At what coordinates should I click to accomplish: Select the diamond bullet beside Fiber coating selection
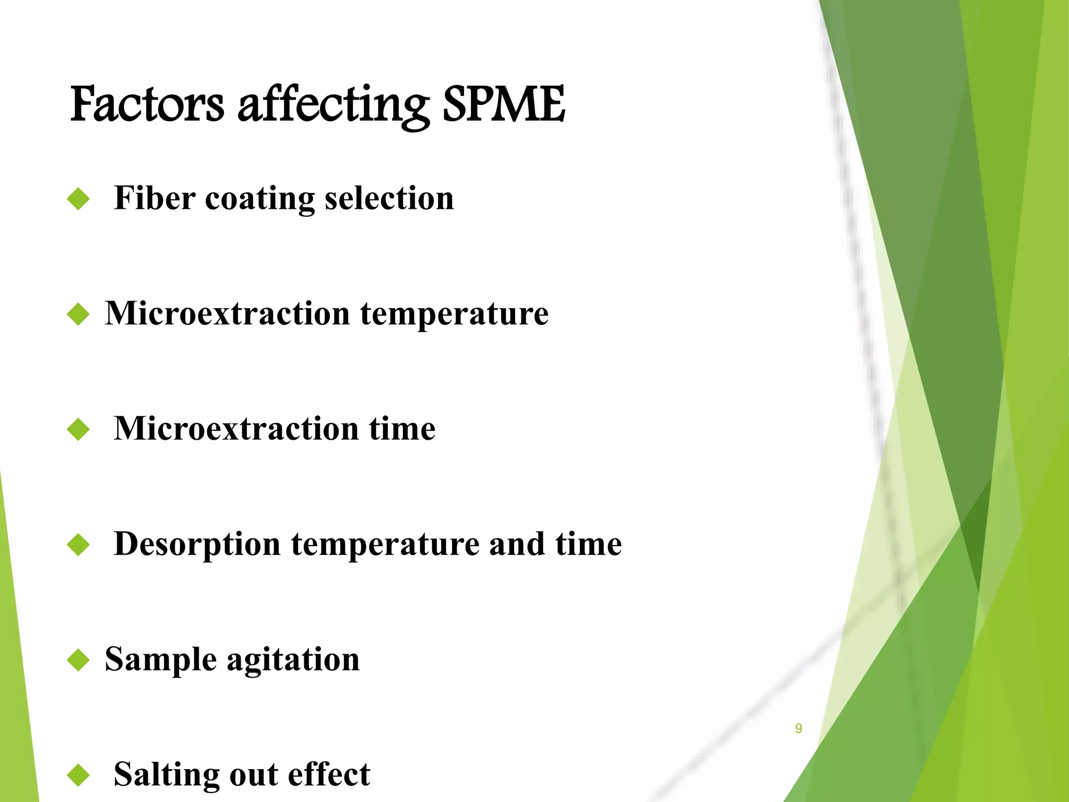tap(79, 199)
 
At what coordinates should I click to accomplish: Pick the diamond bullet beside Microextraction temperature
tap(79, 315)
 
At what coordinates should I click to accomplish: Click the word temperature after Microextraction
tap(454, 314)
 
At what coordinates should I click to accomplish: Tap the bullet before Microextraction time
tap(79, 430)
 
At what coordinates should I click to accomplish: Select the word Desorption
tap(197, 545)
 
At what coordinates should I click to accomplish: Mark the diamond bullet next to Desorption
tap(79, 545)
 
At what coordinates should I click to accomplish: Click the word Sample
tap(161, 660)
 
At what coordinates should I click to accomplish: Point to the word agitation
tap(293, 660)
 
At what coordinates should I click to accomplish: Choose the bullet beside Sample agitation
tap(79, 660)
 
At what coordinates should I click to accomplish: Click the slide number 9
tap(798, 728)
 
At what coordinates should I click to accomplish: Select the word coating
tap(259, 199)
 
